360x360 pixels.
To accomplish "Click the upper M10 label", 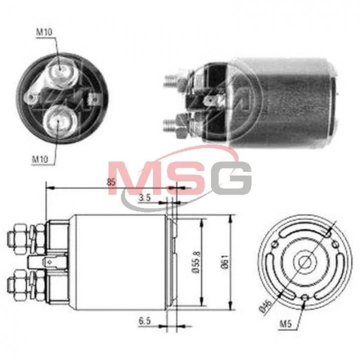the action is point(44,32).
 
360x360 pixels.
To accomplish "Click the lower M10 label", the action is point(40,159).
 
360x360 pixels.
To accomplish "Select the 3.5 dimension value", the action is point(144,197).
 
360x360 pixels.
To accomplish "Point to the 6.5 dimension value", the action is point(144,321).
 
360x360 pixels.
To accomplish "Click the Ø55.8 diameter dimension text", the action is point(197,261).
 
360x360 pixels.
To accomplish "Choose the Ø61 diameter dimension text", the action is point(225,261).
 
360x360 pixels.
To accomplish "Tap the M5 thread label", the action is point(285,323).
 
